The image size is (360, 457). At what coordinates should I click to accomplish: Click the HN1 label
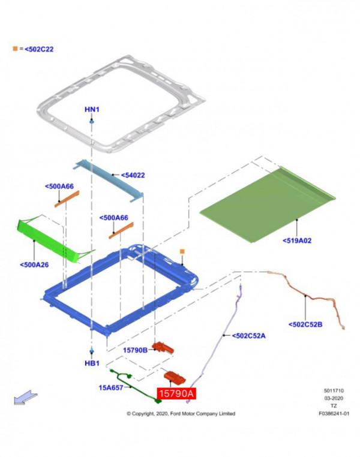tap(92, 109)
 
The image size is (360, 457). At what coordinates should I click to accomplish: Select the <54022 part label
tap(133, 176)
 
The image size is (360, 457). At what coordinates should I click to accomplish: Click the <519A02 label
tap(298, 240)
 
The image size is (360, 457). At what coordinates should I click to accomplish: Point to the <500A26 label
tap(34, 264)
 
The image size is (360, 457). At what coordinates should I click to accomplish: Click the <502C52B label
tap(305, 324)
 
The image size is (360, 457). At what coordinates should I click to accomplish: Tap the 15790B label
tap(135, 350)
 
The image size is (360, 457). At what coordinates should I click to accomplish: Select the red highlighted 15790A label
tap(176, 393)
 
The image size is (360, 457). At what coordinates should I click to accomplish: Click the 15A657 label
tap(110, 387)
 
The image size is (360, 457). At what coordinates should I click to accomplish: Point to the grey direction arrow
tap(26, 398)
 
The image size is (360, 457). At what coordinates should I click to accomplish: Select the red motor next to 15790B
tap(163, 348)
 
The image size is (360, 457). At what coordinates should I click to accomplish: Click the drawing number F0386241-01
tap(334, 413)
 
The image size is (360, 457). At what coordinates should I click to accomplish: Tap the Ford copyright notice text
tap(181, 413)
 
